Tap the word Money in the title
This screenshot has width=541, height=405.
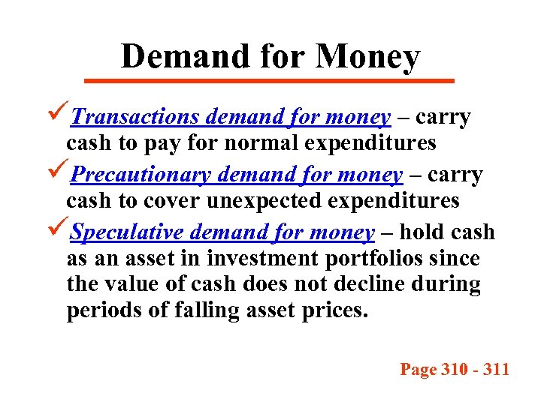click(367, 57)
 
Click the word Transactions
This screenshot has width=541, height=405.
click(135, 118)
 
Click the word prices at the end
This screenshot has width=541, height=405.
click(334, 310)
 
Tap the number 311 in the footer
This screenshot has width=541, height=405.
click(495, 369)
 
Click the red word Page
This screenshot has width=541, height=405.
click(417, 369)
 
